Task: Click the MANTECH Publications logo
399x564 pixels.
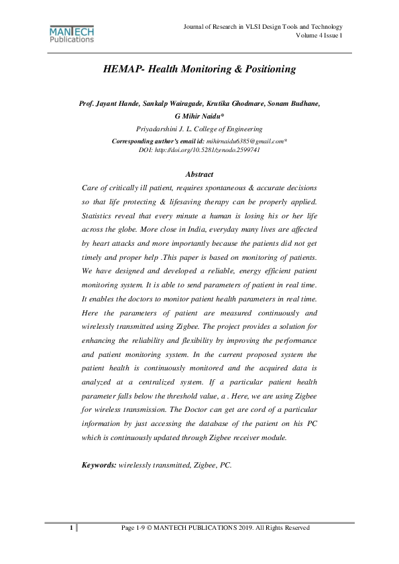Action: coord(72,35)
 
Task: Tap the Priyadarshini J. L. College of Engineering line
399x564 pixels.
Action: coord(199,128)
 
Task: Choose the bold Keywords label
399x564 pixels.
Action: coord(99,464)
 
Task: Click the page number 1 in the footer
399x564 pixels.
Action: coord(70,528)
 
